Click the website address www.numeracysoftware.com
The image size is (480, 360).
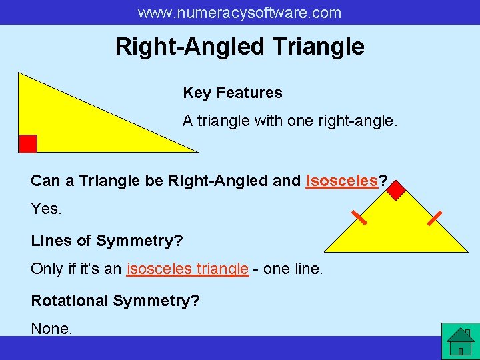tap(239, 13)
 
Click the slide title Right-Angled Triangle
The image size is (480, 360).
tap(239, 47)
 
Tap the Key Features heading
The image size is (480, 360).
tap(233, 93)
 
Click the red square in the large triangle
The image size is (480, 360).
tap(27, 143)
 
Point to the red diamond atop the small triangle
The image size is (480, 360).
tap(396, 190)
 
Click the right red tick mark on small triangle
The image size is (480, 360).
tap(435, 217)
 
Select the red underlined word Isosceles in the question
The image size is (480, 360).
tap(341, 181)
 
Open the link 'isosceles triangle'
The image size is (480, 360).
tap(187, 269)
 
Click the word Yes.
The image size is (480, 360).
tap(46, 209)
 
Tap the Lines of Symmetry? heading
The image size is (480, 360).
tap(107, 240)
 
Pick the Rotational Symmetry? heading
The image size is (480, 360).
tap(115, 301)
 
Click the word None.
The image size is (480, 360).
tap(51, 329)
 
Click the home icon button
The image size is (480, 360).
tap(460, 341)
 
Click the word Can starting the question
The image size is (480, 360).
tap(44, 181)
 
